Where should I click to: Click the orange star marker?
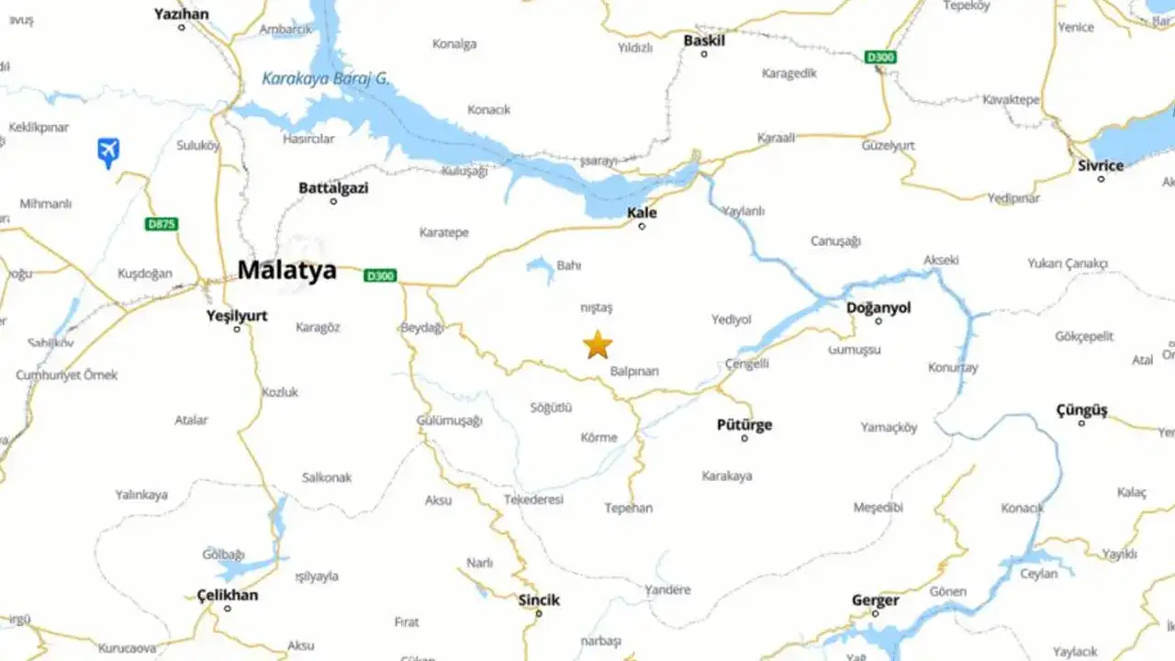598,345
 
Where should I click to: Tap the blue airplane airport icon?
108,151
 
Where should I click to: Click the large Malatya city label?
286,270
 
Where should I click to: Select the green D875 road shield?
162,224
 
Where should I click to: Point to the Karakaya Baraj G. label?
326,79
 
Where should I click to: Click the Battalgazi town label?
333,187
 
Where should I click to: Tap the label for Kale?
642,213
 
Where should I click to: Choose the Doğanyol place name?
878,308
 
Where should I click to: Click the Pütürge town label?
744,425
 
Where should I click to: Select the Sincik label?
539,599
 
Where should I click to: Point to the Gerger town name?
875,600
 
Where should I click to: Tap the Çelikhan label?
228,595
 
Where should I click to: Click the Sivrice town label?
1101,166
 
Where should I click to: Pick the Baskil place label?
704,40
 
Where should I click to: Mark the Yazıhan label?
181,14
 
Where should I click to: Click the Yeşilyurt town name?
237,316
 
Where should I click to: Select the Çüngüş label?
1081,410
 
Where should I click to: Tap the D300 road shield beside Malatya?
380,275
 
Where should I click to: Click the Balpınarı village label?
634,372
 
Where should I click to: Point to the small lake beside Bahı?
541,267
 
